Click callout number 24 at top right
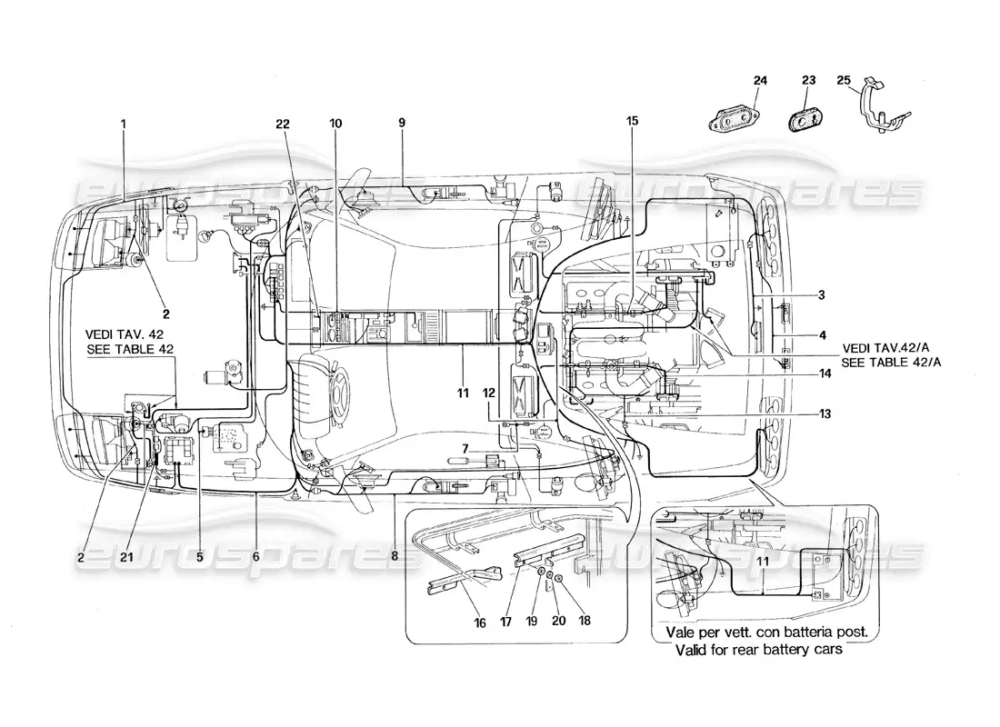tap(760, 81)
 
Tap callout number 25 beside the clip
tap(843, 81)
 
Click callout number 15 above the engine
tap(632, 120)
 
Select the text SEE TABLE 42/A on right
tap(892, 363)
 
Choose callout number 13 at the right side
tap(825, 413)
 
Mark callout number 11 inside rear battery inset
tap(764, 563)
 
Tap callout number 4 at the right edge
tap(821, 335)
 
